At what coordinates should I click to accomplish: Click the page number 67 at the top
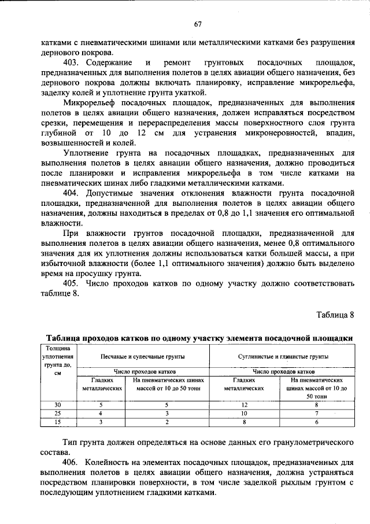click(197, 24)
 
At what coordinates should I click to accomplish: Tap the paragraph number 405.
click(71, 283)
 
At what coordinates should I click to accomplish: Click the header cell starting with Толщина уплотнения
click(57, 360)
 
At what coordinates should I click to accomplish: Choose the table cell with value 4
click(101, 414)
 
